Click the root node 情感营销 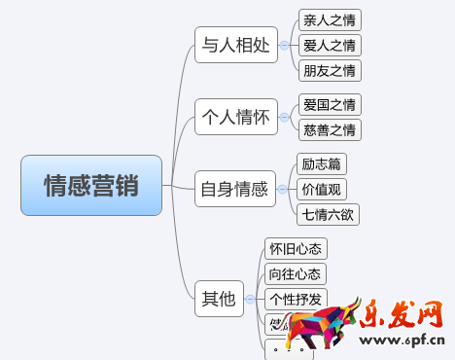pyautogui.click(x=91, y=185)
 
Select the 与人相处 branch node pyautogui.click(x=235, y=45)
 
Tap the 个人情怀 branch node pyautogui.click(x=235, y=118)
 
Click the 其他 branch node pyautogui.click(x=217, y=299)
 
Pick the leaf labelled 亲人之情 pyautogui.click(x=330, y=19)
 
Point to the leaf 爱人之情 pyautogui.click(x=330, y=45)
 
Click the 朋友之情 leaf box pyautogui.click(x=330, y=70)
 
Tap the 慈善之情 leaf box pyautogui.click(x=329, y=129)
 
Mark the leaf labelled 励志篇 pyautogui.click(x=322, y=164)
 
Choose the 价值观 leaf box pyautogui.click(x=322, y=190)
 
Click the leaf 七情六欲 pyautogui.click(x=328, y=214)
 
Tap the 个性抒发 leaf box pyautogui.click(x=297, y=299)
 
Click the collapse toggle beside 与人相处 pyautogui.click(x=284, y=45)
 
